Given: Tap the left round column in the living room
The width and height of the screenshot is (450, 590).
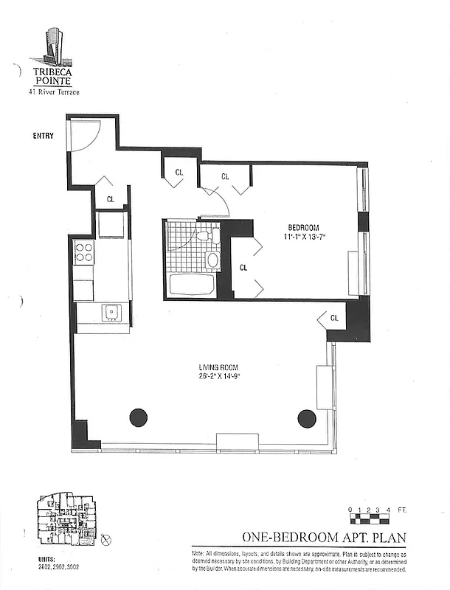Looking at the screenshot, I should pos(139,417).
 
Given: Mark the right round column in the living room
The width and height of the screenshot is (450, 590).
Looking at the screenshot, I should pos(306,417).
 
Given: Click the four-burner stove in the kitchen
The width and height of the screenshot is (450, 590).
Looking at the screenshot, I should pos(83,252).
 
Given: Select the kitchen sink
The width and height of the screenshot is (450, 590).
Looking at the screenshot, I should pos(112,312).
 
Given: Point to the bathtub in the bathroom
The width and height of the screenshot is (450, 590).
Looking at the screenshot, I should pos(190,285).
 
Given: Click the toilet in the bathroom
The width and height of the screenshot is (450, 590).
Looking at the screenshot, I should pos(209,235).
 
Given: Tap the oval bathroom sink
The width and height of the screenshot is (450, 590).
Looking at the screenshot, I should pos(212,259).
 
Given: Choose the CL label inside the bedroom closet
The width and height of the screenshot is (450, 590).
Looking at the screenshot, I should pos(243,268).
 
